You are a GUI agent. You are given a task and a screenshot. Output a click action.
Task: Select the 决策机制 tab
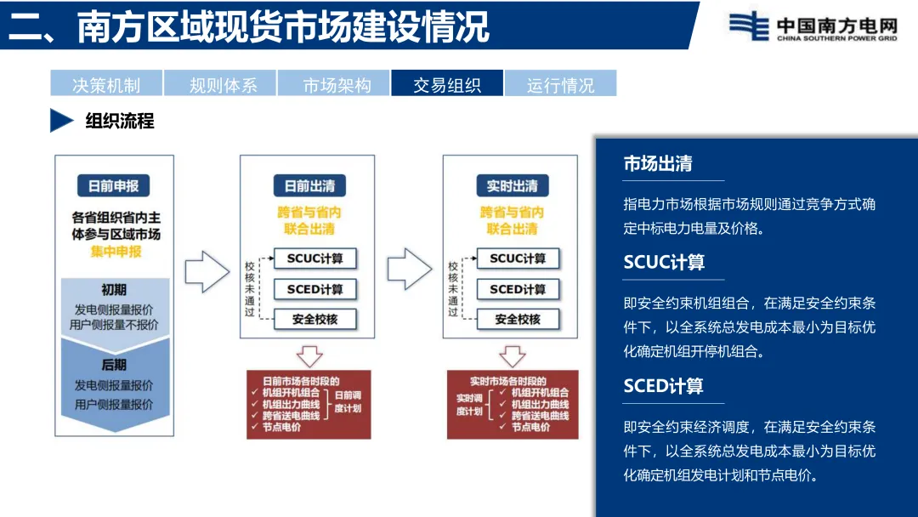(106, 84)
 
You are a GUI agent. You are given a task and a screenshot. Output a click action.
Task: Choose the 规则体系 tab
(220, 84)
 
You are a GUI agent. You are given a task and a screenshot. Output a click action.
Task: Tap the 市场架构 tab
(333, 84)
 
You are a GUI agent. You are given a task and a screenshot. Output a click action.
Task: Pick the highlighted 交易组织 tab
(447, 84)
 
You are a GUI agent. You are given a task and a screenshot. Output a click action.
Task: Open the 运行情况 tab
(560, 84)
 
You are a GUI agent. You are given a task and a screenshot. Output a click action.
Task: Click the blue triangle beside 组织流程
(61, 121)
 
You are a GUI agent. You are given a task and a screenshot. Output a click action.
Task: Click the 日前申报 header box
(114, 185)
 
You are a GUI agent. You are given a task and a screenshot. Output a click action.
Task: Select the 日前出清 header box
(309, 185)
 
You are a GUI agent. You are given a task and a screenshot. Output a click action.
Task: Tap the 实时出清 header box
(513, 185)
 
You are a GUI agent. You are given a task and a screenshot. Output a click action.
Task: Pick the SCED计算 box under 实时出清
(518, 289)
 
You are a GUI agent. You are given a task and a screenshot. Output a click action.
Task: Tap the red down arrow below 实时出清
(513, 355)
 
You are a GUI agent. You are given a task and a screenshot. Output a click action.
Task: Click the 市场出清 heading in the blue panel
(658, 164)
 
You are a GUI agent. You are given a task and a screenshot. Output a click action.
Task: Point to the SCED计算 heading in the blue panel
(664, 386)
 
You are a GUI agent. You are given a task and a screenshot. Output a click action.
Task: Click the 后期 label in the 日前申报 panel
(114, 365)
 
